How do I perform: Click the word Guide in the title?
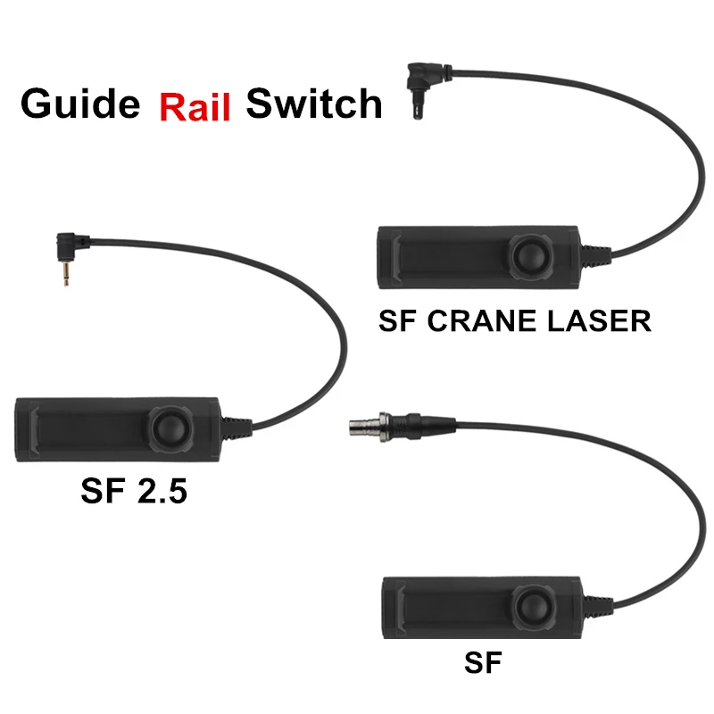click(x=80, y=104)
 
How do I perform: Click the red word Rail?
click(x=195, y=106)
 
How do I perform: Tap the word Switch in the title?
click(x=314, y=104)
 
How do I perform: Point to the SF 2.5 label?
click(x=134, y=490)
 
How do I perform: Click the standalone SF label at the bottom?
click(x=483, y=662)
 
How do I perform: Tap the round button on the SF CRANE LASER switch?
click(x=528, y=257)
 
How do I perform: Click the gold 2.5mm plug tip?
click(x=64, y=277)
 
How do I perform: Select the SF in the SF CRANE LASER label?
click(x=397, y=320)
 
